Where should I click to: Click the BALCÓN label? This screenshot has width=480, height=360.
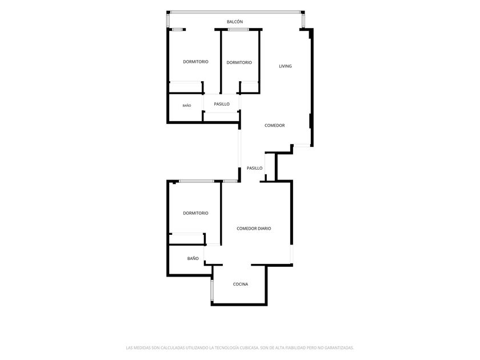click(x=235, y=22)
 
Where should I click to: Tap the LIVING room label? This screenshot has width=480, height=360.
click(x=285, y=66)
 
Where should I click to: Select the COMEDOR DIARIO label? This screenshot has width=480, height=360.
click(x=254, y=229)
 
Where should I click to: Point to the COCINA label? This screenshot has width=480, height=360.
click(x=241, y=284)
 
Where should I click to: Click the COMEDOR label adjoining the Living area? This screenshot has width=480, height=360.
click(x=275, y=126)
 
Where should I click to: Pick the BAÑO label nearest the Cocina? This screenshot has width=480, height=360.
click(x=193, y=258)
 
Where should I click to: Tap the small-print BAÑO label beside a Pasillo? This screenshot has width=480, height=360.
click(x=187, y=106)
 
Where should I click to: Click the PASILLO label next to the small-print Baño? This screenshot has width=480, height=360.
click(x=222, y=104)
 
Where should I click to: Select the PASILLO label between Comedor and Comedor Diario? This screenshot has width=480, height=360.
click(x=255, y=168)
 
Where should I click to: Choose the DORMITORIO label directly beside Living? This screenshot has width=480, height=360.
click(x=239, y=62)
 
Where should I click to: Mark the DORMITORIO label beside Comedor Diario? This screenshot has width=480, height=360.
click(x=195, y=213)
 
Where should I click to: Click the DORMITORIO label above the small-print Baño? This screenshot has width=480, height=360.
click(x=195, y=62)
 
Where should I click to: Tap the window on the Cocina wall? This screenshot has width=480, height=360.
click(x=211, y=290)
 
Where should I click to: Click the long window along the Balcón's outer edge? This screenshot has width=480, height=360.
click(x=235, y=12)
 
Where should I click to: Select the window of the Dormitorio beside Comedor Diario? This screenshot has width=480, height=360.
click(x=197, y=181)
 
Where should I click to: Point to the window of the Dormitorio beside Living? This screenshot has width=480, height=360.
click(x=238, y=29)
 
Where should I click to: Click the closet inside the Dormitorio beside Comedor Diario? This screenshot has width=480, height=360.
click(x=187, y=239)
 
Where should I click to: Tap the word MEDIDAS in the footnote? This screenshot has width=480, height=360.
click(x=142, y=348)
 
